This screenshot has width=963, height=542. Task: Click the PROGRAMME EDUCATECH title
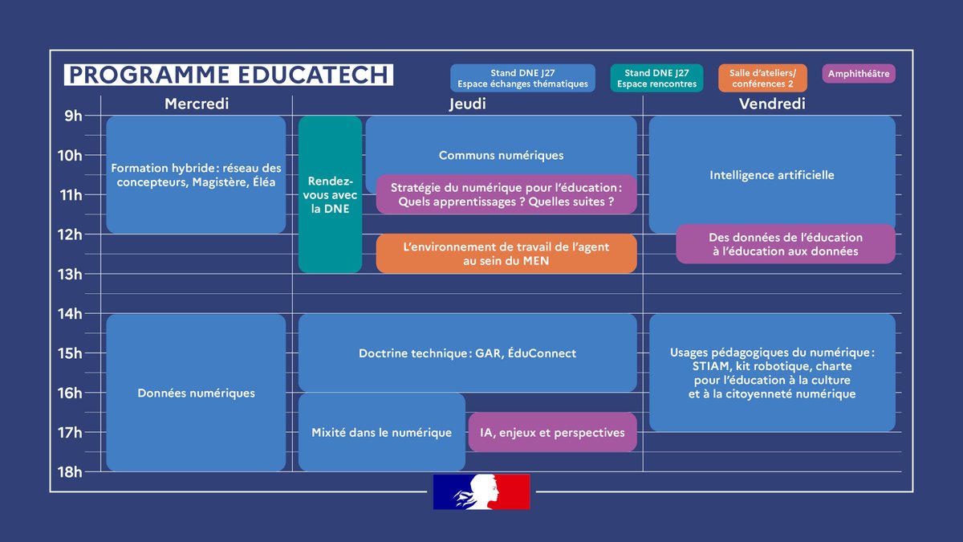(x=228, y=75)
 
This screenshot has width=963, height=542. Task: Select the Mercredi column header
(x=197, y=104)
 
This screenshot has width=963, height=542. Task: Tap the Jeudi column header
(x=467, y=104)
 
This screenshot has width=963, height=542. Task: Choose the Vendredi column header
(x=772, y=104)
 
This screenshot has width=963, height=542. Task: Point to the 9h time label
(x=73, y=116)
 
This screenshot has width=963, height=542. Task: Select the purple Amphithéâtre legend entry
(x=858, y=74)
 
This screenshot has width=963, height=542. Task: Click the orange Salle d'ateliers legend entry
(x=768, y=79)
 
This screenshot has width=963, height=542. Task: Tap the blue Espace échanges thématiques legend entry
(x=522, y=79)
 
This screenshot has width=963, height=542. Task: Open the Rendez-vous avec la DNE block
(x=330, y=195)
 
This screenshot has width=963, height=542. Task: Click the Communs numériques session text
(x=501, y=155)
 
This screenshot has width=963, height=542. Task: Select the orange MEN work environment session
(x=506, y=254)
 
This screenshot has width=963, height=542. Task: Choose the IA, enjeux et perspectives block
(x=552, y=432)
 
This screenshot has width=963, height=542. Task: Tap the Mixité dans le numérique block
(x=381, y=432)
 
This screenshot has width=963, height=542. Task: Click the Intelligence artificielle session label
(x=772, y=174)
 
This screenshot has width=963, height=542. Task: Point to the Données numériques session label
(x=196, y=393)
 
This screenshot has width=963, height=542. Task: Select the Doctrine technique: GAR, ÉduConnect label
(x=467, y=353)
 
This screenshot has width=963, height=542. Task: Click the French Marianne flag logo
(x=481, y=491)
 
